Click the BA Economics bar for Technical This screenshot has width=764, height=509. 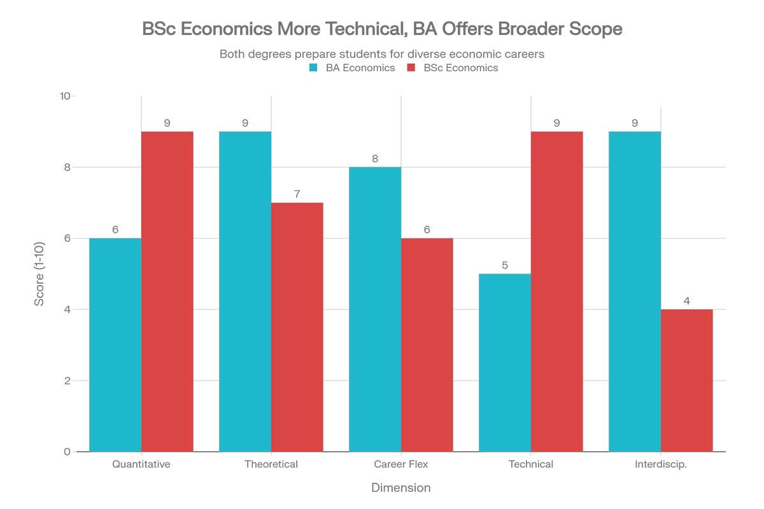[x=505, y=363]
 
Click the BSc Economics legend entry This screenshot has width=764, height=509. [x=452, y=68]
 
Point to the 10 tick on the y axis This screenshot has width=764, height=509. [x=64, y=96]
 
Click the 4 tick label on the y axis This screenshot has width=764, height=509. [x=67, y=310]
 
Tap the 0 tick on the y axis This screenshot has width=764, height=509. [x=67, y=452]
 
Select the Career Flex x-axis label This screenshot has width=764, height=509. [x=401, y=464]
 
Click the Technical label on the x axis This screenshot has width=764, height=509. [x=531, y=464]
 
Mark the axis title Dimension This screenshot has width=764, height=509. [x=401, y=488]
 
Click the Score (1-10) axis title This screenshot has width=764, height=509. [x=39, y=274]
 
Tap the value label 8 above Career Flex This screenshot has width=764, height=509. [x=375, y=158]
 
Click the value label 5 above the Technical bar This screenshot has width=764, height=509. [x=505, y=265]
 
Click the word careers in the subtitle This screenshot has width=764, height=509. [x=525, y=54]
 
